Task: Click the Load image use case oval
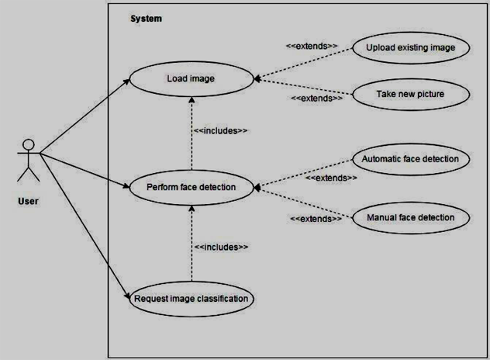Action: point(191,78)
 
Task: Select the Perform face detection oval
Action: point(191,187)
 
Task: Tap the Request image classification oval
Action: point(191,298)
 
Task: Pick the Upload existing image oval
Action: point(410,48)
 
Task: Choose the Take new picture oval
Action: point(410,94)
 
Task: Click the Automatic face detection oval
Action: point(410,159)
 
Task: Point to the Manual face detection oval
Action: point(410,217)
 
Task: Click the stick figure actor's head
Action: point(29,144)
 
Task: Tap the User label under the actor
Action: point(28,202)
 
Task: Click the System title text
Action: point(146,19)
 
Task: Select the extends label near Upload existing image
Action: point(312,46)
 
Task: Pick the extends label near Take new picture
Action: point(316,99)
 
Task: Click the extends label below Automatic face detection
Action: point(331,178)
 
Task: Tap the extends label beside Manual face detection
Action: point(316,219)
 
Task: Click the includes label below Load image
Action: point(220,130)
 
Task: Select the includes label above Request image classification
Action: point(221,247)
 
